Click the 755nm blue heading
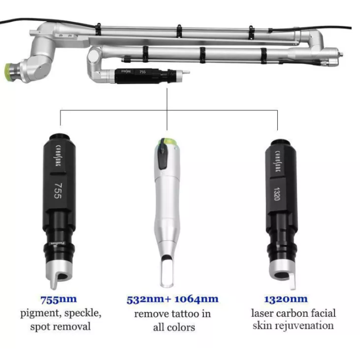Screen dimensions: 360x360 tap(58, 299)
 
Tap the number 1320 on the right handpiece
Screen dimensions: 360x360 tap(278, 193)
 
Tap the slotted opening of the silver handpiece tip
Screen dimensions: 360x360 tap(167, 272)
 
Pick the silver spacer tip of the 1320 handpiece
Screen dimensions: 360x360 tap(283, 274)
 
